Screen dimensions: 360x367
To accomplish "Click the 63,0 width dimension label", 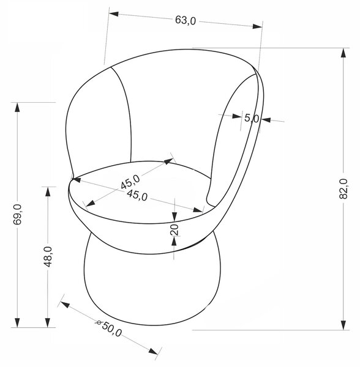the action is coord(186,21).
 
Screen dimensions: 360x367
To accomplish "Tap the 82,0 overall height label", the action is coord(343,188).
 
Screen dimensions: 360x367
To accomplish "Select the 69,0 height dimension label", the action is coord(17,214).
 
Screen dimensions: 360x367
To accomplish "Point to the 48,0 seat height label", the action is coord(48,256).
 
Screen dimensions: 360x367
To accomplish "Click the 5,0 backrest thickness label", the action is coord(252,118).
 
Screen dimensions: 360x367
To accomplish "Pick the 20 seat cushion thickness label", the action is coord(174,229).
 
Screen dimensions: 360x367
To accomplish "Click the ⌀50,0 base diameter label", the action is coord(109,328).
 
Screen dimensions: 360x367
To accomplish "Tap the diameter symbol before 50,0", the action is coord(99,322).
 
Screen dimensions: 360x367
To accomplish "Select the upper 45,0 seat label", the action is coord(130,182).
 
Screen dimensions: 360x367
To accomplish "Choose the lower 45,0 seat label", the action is coord(137,195).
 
